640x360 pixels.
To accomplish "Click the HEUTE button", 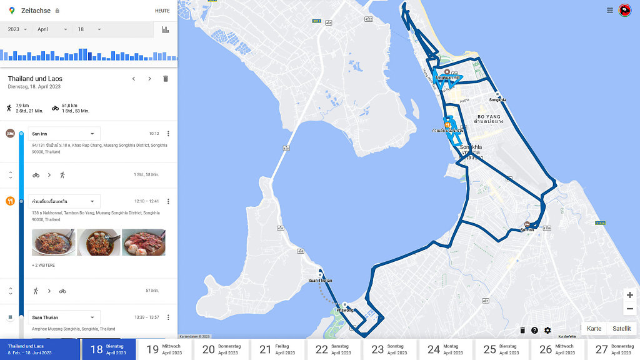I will [x=162, y=11].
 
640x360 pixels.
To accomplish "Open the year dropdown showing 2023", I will [x=17, y=29].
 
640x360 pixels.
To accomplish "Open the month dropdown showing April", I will [x=52, y=29].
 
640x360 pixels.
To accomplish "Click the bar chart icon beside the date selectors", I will [x=166, y=29].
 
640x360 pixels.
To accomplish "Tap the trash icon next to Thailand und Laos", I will [x=166, y=79].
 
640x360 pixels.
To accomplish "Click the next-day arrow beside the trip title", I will [x=149, y=79].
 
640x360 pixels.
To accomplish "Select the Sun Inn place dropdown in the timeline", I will [x=64, y=134].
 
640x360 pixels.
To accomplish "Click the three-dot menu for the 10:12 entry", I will [x=168, y=134].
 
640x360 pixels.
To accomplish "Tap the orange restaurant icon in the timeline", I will [x=10, y=201].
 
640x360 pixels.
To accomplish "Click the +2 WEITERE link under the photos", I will [x=44, y=266].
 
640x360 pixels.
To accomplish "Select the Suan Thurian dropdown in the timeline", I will [x=64, y=317].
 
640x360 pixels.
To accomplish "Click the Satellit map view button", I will [x=621, y=329].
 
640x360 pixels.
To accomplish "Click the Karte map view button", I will [x=594, y=329].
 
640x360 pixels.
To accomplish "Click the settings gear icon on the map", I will [x=547, y=331].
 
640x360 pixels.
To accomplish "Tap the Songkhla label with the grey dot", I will [x=497, y=99].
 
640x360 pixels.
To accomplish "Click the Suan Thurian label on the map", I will [x=320, y=280].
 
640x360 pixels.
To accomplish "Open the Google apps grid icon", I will [x=610, y=11].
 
